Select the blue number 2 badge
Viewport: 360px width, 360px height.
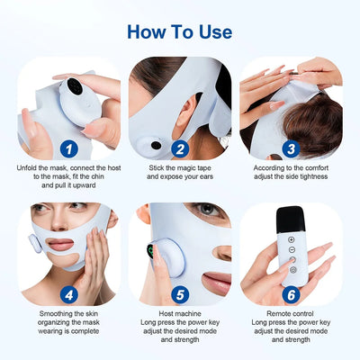click(x=181, y=148)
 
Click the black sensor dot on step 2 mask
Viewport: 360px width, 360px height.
click(x=156, y=144)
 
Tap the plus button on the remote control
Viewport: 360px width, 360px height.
click(x=291, y=240)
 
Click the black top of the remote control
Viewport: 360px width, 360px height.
click(x=291, y=217)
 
